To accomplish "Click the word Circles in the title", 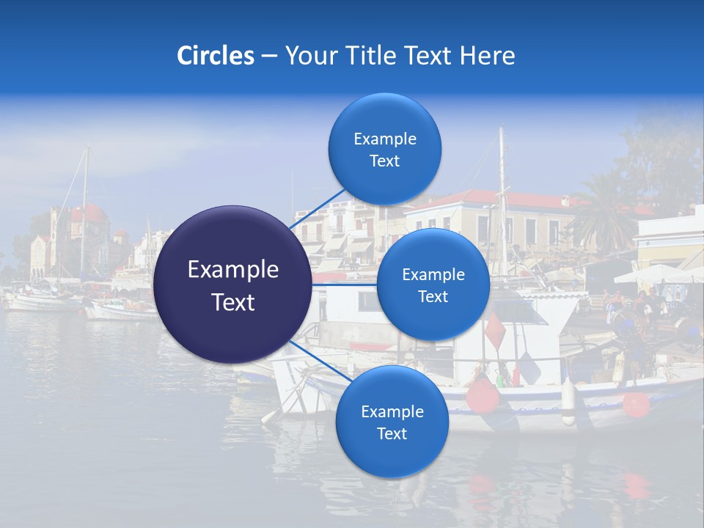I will click(215, 56).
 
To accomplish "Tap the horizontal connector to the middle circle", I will click(345, 285).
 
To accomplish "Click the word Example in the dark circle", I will click(232, 270).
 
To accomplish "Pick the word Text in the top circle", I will click(384, 161).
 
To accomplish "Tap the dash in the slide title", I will click(269, 56).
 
